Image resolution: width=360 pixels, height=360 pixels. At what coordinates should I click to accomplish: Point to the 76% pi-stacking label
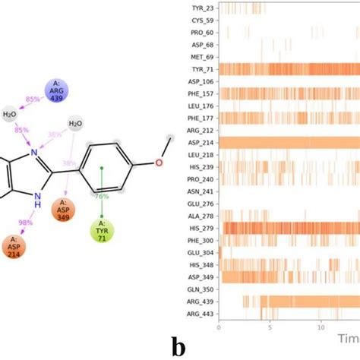coord(101,196)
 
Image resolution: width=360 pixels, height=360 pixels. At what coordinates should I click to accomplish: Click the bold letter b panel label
coord(178,346)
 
